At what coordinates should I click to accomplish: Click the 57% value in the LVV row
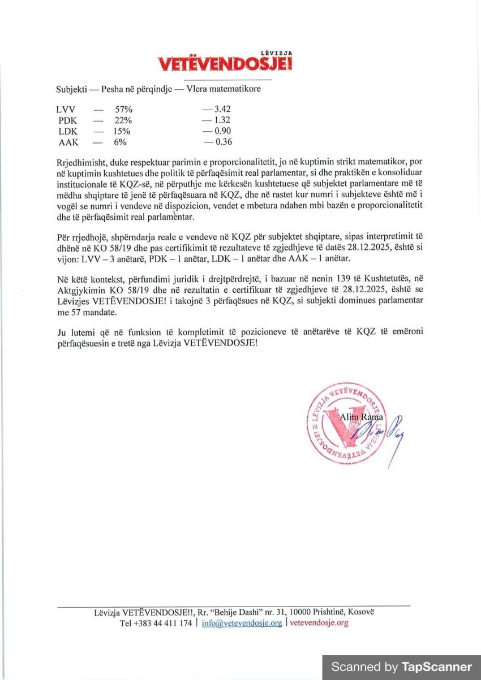(123, 109)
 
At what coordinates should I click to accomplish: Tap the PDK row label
(67, 120)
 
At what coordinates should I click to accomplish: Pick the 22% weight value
(123, 120)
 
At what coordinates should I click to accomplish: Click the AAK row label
(68, 142)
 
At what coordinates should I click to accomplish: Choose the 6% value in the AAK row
(120, 142)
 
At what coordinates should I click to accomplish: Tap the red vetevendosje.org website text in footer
(319, 623)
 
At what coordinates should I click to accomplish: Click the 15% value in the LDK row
(123, 131)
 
